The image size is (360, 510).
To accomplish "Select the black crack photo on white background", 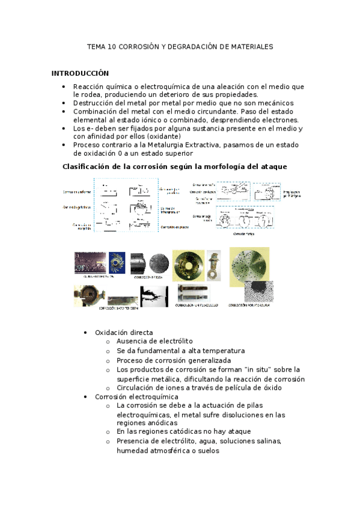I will pos(154,295).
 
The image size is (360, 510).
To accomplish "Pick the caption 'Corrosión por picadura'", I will pos(248,306).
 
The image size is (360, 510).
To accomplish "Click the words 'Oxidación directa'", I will pos(124,333).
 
